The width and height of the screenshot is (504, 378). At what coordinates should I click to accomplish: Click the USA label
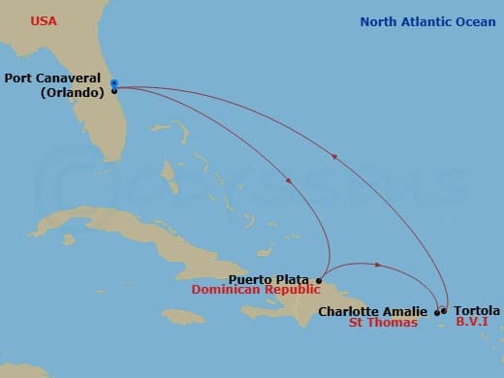coord(44,20)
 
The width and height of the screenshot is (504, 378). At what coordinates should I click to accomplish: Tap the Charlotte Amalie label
coord(372,311)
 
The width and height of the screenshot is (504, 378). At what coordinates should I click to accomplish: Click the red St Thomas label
coord(383,323)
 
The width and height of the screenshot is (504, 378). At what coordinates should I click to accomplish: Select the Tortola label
coord(477,310)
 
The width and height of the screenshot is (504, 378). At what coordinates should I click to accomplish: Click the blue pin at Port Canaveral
coord(113,83)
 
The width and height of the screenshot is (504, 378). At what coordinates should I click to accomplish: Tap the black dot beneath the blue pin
coord(113,91)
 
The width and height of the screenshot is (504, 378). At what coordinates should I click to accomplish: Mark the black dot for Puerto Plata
coord(320,280)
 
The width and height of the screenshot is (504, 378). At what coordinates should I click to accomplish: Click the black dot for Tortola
coord(445,311)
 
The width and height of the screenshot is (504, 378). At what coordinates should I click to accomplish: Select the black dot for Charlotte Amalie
coord(436,312)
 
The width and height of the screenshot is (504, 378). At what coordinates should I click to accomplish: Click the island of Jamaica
coord(184,316)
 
